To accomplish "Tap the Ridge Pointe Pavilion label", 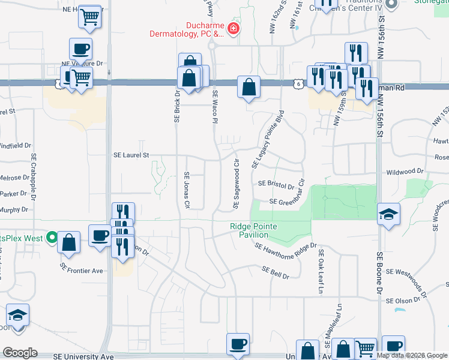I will coord(249,231).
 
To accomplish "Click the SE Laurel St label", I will coord(131,155).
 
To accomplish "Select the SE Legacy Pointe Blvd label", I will coord(269,138).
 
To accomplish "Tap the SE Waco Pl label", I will coord(214,107).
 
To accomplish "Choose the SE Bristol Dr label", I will coord(276,185).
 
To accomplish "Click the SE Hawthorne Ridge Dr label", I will coord(285,246).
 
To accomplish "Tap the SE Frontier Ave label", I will coord(82,271).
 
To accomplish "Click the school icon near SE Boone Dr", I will coord(388,214).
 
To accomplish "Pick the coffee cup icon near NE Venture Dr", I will coord(80,49).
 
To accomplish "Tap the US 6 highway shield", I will coord(298,85).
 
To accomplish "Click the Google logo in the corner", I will coord(20,353).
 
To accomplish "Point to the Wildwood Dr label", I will coord(405,172).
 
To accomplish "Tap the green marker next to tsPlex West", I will coord(52,238).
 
